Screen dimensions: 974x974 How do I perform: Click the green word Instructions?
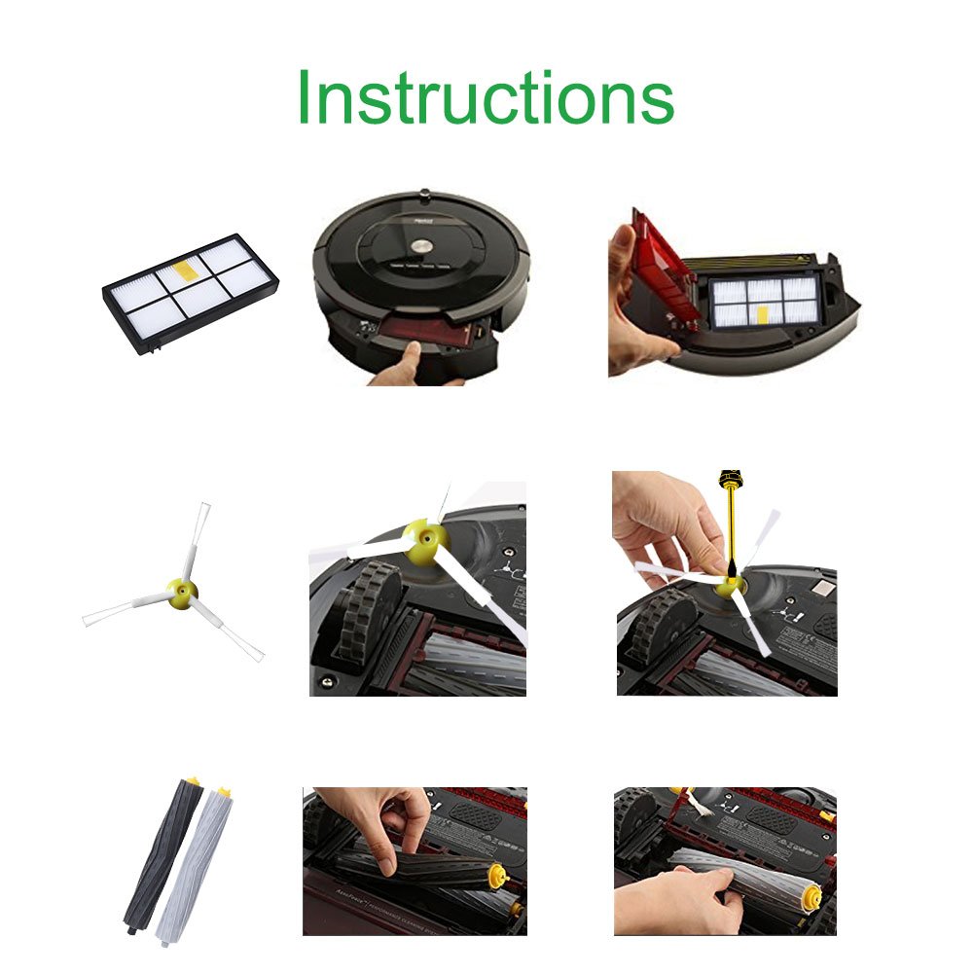pyautogui.click(x=485, y=98)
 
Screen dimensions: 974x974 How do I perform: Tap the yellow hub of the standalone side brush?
pyautogui.click(x=180, y=591)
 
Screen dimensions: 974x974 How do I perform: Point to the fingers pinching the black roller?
pyautogui.click(x=389, y=827)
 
